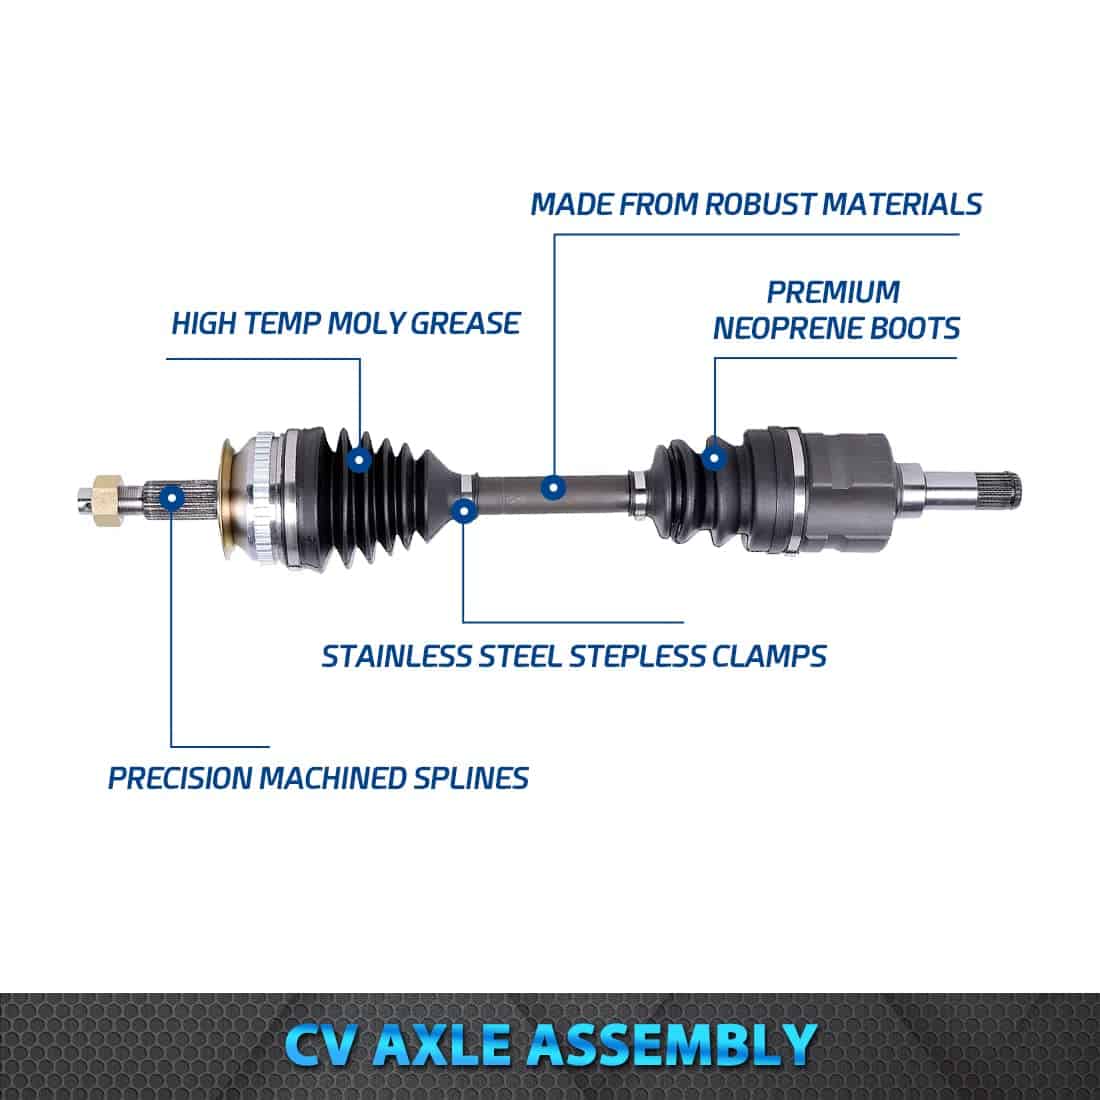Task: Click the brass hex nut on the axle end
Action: point(108,499)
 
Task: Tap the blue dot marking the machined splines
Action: point(172,499)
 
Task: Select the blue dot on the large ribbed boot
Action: point(359,460)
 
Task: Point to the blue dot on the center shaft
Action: point(554,487)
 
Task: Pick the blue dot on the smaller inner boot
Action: point(714,458)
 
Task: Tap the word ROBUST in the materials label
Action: point(759,204)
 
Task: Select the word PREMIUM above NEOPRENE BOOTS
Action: point(833,292)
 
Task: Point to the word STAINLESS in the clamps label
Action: point(396,657)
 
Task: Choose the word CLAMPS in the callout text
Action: point(770,657)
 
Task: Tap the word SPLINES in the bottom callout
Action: point(471,778)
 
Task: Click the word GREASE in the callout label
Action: point(465,323)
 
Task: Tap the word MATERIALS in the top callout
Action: point(901,204)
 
